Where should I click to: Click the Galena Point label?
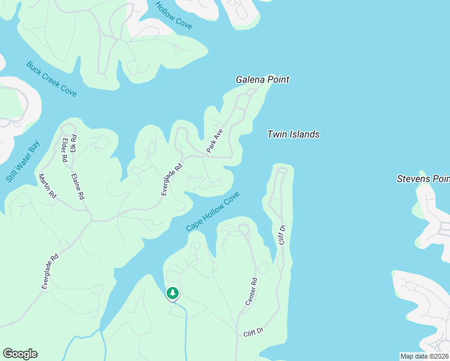click(262, 79)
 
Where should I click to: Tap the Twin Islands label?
click(293, 135)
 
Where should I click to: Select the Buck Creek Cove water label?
click(51, 79)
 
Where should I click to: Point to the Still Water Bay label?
click(22, 162)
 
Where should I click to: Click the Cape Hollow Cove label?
click(212, 211)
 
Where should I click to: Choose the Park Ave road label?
click(215, 141)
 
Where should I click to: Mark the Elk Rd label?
click(73, 144)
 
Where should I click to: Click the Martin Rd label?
click(47, 187)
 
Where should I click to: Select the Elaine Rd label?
click(78, 187)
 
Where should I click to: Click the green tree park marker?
click(173, 293)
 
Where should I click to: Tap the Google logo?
click(20, 354)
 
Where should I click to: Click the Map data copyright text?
click(424, 356)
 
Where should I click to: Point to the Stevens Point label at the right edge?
click(423, 179)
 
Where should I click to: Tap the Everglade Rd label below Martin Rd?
click(50, 272)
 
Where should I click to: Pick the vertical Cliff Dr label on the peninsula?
click(281, 235)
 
